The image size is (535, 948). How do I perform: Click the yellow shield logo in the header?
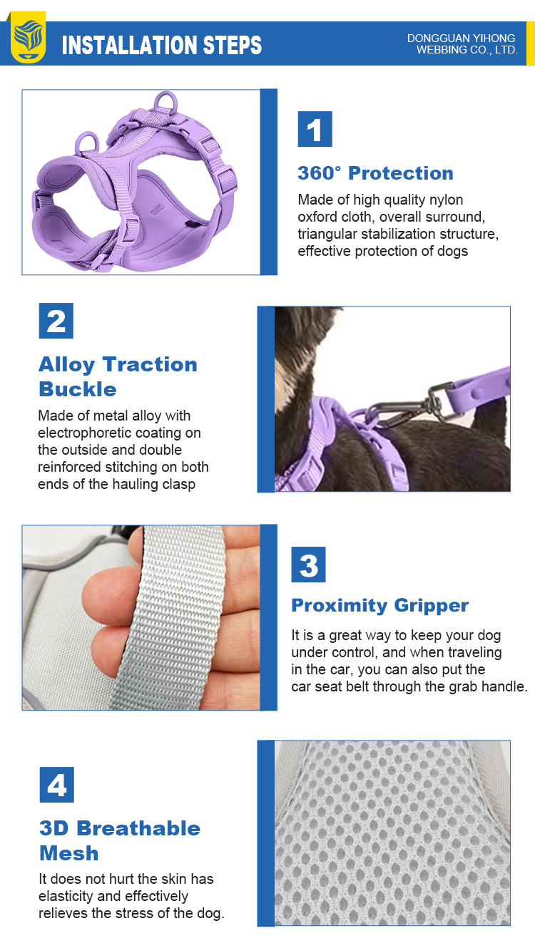coord(29,37)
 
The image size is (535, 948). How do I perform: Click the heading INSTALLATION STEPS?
coord(162,46)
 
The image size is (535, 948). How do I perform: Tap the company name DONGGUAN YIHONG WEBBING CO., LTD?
coord(462,44)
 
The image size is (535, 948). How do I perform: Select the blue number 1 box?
coord(315,129)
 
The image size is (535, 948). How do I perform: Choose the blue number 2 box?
coord(56,321)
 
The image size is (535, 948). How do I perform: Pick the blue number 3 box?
coord(308,565)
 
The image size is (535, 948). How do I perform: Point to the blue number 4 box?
coord(57,785)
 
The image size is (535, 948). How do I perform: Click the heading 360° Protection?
coord(375,173)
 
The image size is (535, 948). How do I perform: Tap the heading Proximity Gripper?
coord(380,606)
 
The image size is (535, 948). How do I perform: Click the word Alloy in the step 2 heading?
coord(66,365)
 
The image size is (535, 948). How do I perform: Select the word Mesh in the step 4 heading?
coord(69,853)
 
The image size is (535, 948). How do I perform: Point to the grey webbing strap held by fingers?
coord(171,618)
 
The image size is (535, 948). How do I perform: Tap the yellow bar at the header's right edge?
coord(530,43)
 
